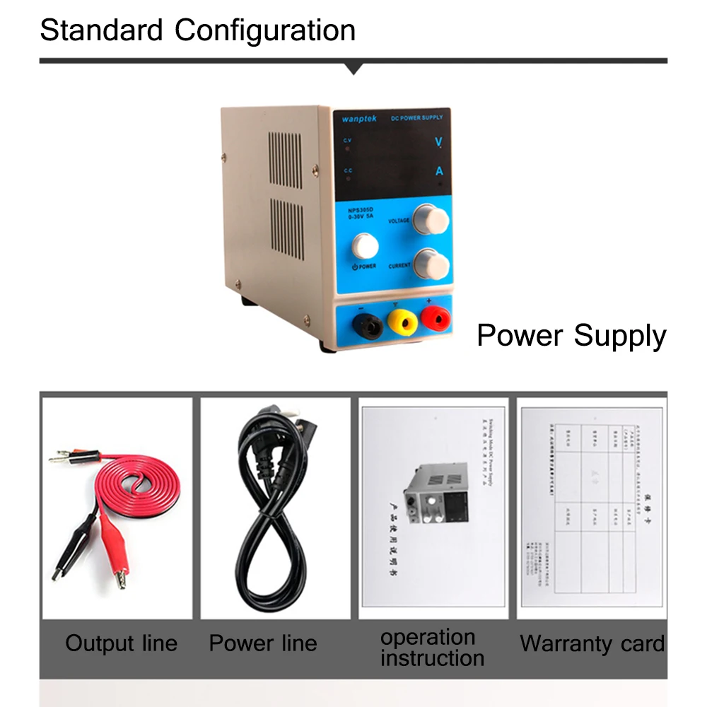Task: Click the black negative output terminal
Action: click(x=368, y=326)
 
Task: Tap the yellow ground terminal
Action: click(x=401, y=323)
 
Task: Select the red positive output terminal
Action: click(x=434, y=320)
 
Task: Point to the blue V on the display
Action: click(x=438, y=142)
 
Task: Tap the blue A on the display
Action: click(x=439, y=171)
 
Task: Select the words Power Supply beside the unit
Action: click(x=571, y=336)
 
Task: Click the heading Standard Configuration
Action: click(x=198, y=30)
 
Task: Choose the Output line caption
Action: click(x=121, y=643)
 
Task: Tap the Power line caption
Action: click(x=263, y=643)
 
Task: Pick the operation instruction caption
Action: click(x=432, y=648)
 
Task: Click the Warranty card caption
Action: click(x=592, y=643)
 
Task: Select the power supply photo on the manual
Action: click(x=436, y=498)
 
